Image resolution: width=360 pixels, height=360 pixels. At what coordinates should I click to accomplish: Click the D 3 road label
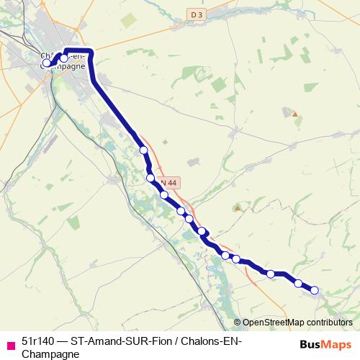(197, 14)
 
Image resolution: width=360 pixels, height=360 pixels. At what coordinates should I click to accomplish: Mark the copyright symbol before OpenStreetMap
(238, 323)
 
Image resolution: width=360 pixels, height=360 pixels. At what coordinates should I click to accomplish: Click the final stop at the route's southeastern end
(314, 290)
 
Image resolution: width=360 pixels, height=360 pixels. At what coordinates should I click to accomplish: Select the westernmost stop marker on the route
(47, 63)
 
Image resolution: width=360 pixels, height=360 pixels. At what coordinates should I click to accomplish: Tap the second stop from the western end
(63, 58)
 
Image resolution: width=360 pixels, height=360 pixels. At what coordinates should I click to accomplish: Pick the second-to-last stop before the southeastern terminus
(298, 283)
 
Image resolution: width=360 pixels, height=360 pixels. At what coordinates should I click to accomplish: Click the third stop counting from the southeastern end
(271, 274)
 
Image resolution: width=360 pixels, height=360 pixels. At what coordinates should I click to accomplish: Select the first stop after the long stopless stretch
(143, 150)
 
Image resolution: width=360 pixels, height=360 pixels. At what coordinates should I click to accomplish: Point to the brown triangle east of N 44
(238, 207)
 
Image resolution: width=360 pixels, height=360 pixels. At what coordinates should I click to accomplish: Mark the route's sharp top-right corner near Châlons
(91, 52)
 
